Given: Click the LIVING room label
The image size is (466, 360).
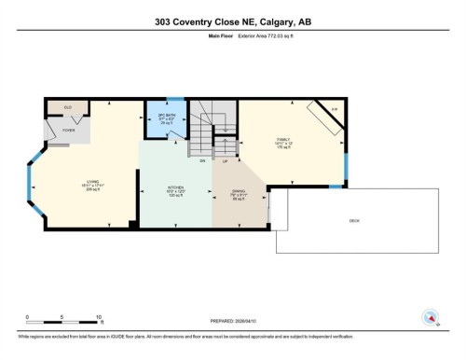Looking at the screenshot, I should [x=93, y=183].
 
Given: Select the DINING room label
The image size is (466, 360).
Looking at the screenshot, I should [x=238, y=192].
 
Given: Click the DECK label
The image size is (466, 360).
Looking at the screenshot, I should [x=354, y=220].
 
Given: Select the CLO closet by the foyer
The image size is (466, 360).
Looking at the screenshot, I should [x=68, y=108].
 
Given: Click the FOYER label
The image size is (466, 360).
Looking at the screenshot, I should [x=69, y=131].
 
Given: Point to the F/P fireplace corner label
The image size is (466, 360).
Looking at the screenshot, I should [x=335, y=110].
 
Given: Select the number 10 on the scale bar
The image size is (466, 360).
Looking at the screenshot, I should [x=99, y=316].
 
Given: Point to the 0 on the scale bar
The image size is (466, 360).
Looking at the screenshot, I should [x=28, y=316].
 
